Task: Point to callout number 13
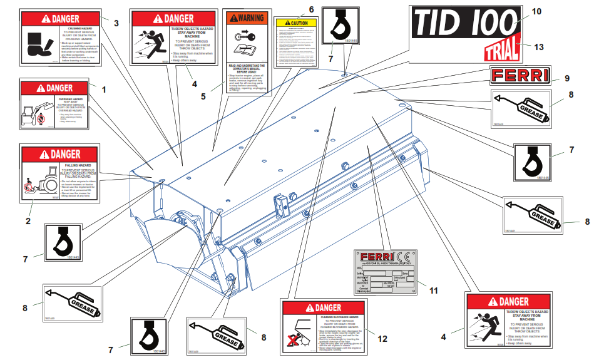(539, 46)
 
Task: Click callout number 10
(536, 11)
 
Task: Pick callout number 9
(566, 78)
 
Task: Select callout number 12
(383, 338)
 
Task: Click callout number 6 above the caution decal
(311, 9)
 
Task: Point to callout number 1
(104, 89)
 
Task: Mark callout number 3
(116, 23)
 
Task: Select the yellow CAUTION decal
(296, 43)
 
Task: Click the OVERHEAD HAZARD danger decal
(56, 105)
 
